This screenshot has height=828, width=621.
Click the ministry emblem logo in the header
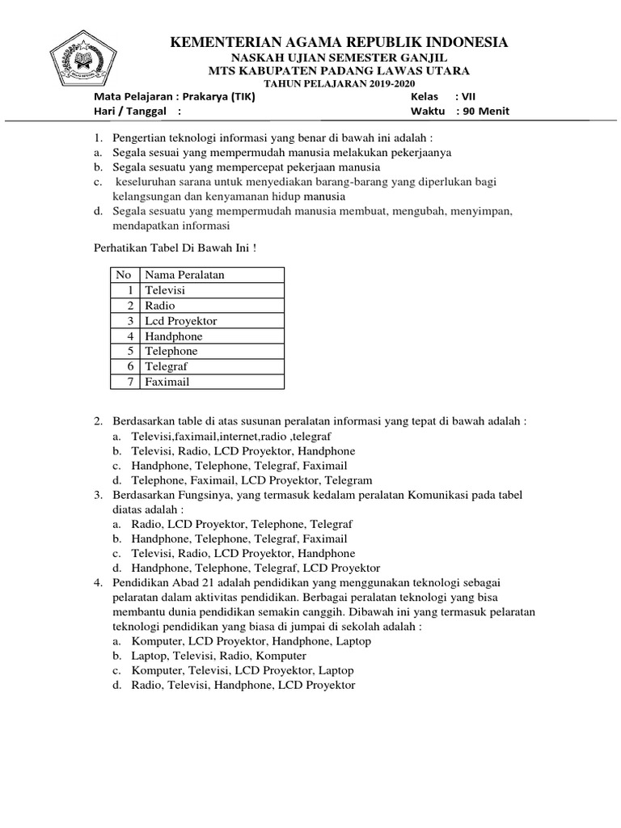pyautogui.click(x=83, y=57)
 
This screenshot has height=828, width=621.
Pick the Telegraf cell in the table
pyautogui.click(x=167, y=366)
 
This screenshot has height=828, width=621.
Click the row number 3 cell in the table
pyautogui.click(x=129, y=321)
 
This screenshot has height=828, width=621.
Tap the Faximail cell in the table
pyautogui.click(x=167, y=382)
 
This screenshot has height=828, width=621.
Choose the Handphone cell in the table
pyautogui.click(x=173, y=336)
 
